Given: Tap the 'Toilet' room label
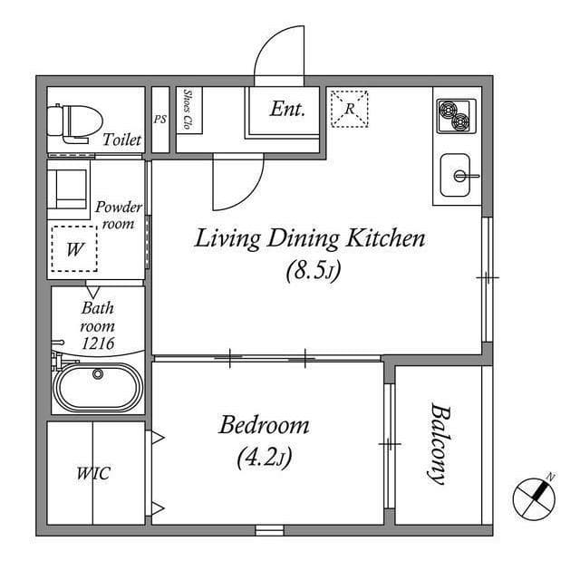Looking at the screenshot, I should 121,140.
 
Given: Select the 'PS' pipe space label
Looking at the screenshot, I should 159,119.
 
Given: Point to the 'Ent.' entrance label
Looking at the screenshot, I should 287,109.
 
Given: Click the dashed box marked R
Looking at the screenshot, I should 349,109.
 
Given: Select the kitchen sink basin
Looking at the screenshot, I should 459,175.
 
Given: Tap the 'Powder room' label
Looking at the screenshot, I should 119,215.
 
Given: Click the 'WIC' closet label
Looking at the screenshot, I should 92,473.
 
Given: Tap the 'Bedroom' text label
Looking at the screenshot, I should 265,425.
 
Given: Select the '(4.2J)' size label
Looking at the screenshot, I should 264,458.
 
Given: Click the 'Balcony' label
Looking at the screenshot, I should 439,444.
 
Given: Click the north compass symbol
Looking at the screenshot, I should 533,496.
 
